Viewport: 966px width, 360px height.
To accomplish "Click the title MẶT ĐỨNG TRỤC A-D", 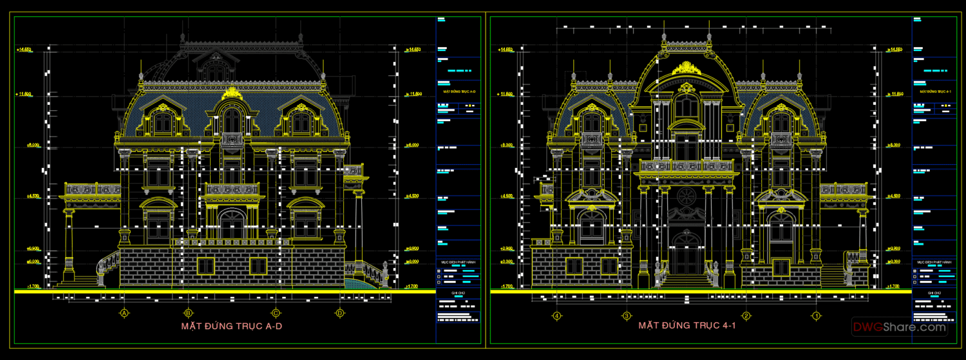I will pyautogui.click(x=232, y=327).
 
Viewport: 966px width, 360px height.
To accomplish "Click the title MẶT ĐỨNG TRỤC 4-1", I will pyautogui.click(x=687, y=326).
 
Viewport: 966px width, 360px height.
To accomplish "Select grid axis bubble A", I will pyautogui.click(x=124, y=314).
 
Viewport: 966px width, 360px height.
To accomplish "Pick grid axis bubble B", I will pyautogui.click(x=189, y=314).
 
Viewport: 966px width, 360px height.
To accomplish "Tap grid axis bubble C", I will pyautogui.click(x=276, y=314).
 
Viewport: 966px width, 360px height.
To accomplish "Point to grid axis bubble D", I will pyautogui.click(x=339, y=314).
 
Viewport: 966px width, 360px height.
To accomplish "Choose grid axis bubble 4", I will pyautogui.click(x=557, y=316).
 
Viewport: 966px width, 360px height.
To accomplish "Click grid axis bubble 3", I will pyautogui.click(x=626, y=316).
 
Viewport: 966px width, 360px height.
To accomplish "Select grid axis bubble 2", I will pyautogui.click(x=746, y=316).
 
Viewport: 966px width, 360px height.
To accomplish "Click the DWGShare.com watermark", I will pyautogui.click(x=900, y=327).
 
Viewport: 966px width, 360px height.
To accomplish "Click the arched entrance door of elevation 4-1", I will pyautogui.click(x=687, y=254).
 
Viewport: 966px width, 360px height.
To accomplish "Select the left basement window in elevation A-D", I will pyautogui.click(x=205, y=266).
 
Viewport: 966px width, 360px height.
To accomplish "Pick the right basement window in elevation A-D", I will pyautogui.click(x=258, y=266).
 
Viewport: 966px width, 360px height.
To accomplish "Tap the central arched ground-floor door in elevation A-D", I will pyautogui.click(x=232, y=225).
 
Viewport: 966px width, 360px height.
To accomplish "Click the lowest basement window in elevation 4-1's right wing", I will pyautogui.click(x=781, y=267).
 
